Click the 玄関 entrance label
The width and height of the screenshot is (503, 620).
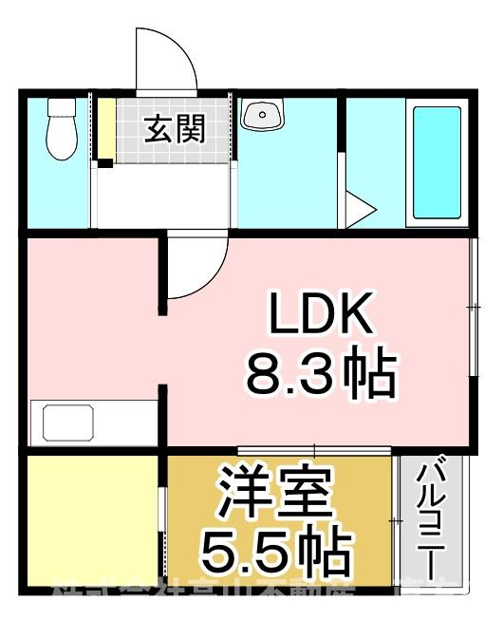(175, 129)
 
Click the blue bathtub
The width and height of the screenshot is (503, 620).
(437, 160)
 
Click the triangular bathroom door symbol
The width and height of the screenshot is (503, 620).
(358, 210)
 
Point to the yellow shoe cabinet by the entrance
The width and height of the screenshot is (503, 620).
(105, 129)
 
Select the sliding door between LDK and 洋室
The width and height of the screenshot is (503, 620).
(313, 450)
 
